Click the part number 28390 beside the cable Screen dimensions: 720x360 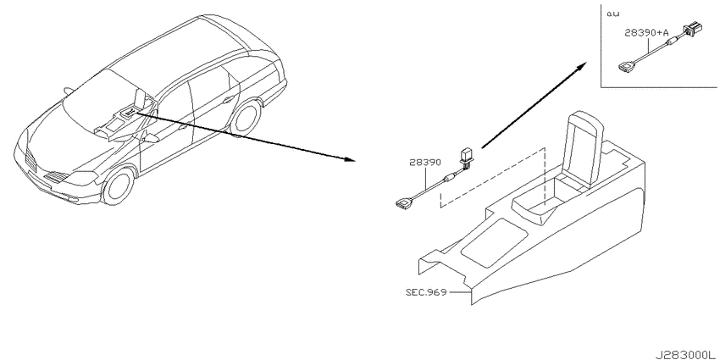[425, 163]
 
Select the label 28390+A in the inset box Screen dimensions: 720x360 [646, 32]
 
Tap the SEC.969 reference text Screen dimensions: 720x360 [426, 292]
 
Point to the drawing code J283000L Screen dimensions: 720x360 [685, 355]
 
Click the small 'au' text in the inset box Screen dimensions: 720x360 [612, 14]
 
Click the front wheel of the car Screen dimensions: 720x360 [119, 186]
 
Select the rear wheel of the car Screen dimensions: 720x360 [246, 119]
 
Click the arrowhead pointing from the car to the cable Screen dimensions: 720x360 [351, 159]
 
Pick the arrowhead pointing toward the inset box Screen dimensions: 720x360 [581, 66]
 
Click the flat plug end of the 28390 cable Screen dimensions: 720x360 [403, 203]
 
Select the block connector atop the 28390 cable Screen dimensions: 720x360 [467, 155]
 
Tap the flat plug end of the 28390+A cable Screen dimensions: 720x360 [626, 68]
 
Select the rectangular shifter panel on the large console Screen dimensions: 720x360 [494, 243]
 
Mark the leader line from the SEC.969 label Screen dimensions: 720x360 [460, 292]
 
